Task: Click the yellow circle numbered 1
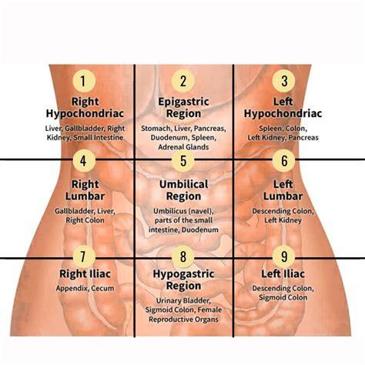84,81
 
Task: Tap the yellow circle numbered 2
183,81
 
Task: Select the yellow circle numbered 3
283,81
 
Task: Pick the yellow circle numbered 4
84,160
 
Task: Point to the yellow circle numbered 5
183,160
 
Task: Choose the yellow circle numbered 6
283,160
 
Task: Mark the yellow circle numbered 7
84,256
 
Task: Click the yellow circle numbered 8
183,256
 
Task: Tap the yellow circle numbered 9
283,256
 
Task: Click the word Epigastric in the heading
183,102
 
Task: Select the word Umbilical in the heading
183,184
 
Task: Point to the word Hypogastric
183,274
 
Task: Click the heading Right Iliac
85,273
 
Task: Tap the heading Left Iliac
283,273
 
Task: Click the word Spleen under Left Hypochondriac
270,129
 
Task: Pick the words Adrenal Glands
183,147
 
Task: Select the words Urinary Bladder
183,300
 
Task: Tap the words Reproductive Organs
183,320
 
